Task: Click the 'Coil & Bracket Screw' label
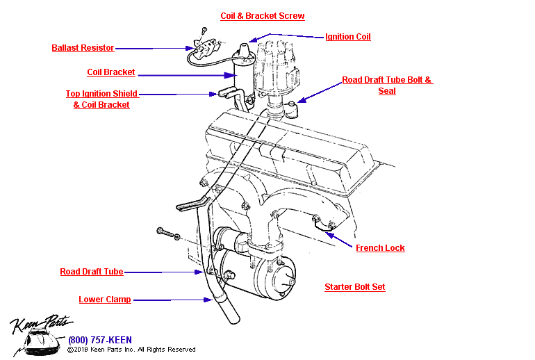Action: pyautogui.click(x=262, y=16)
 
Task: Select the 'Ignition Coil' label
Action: pyautogui.click(x=347, y=37)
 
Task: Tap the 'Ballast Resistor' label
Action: pyautogui.click(x=83, y=49)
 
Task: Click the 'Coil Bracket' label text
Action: pyautogui.click(x=111, y=72)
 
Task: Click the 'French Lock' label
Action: pyautogui.click(x=380, y=248)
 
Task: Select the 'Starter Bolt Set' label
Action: pyautogui.click(x=354, y=287)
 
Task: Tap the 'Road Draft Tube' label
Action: pyautogui.click(x=91, y=272)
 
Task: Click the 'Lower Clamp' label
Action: pyautogui.click(x=104, y=300)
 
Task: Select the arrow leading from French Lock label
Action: pyautogui.click(x=341, y=240)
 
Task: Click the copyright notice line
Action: pyautogui.click(x=131, y=350)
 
